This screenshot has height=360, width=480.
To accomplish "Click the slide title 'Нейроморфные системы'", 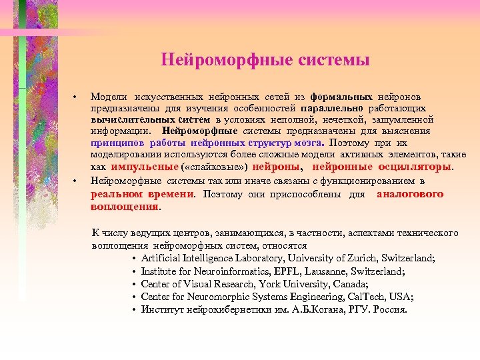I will [265, 61].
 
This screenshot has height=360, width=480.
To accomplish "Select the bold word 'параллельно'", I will [331, 108].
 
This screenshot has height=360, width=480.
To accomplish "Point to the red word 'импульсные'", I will [145, 167].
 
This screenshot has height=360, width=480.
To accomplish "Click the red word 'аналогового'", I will [410, 194].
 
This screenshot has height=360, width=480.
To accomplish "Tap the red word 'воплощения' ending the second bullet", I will [125, 207].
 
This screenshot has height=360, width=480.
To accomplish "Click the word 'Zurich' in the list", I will [359, 258].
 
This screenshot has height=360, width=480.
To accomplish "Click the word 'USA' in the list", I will [403, 297].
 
